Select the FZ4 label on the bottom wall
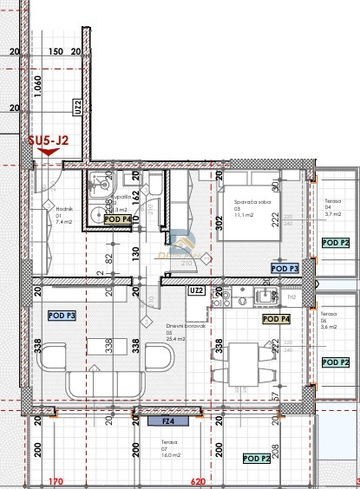click(167, 422)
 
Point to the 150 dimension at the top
click(55, 52)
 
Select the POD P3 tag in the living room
click(62, 316)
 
